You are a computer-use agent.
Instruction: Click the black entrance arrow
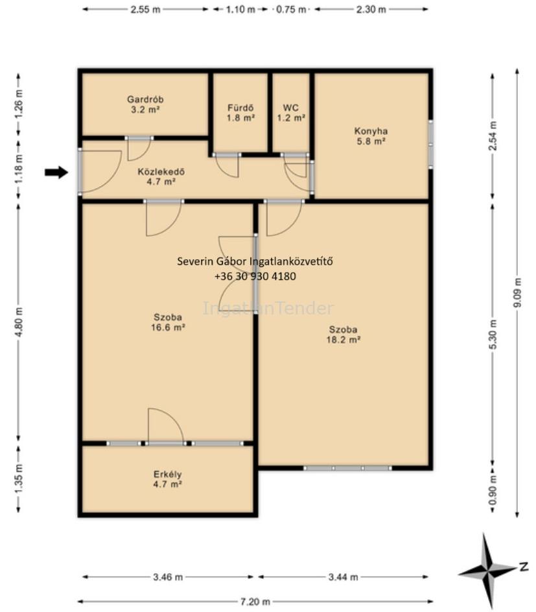coord(56,172)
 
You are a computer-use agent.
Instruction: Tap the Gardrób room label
coord(145,104)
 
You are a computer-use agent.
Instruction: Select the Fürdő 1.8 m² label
coord(240,112)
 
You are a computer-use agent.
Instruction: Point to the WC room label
coord(291,112)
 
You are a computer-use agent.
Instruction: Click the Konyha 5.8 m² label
coord(371,136)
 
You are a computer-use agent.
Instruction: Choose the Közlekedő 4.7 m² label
coord(161,176)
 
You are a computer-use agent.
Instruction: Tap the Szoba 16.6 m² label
coord(168,322)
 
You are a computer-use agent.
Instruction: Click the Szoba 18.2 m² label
coord(343,335)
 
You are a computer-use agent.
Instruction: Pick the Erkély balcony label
coord(167,479)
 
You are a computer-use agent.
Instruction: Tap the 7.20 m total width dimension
coord(255,602)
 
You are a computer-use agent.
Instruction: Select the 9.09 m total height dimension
coord(517,293)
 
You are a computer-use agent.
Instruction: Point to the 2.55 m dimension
coord(146,9)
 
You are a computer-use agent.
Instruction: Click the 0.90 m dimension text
coord(493,490)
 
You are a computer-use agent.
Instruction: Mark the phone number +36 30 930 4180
coord(255,276)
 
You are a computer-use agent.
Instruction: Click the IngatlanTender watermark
coord(268,309)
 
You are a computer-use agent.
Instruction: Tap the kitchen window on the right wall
coord(430,145)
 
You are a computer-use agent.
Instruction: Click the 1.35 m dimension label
coord(19,479)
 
